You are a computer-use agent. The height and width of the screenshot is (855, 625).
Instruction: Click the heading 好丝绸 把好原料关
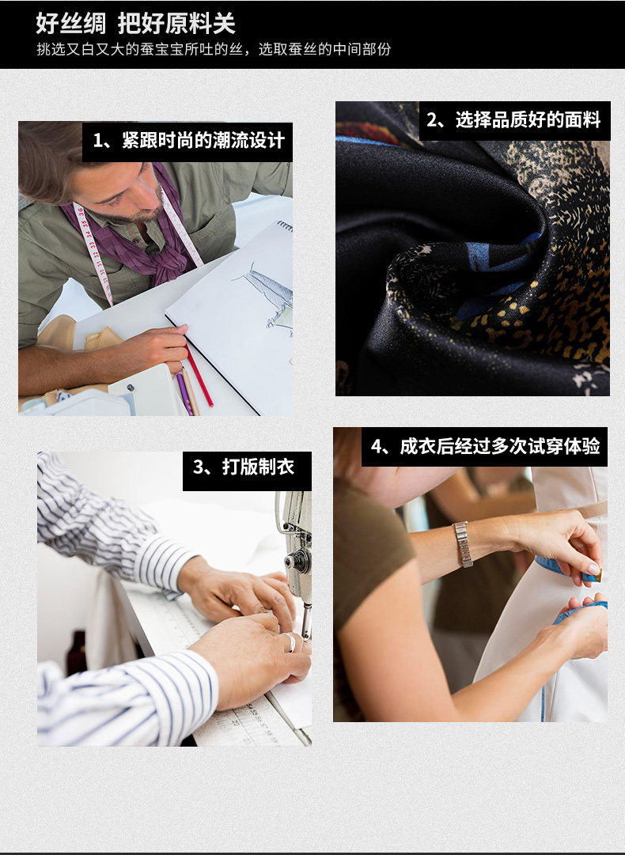pos(135,24)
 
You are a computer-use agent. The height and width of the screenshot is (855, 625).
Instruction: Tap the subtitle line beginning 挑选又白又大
pos(214,50)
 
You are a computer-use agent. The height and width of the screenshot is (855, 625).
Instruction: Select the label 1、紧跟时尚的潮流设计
pos(188,141)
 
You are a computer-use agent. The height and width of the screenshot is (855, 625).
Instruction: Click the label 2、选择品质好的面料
pos(513,120)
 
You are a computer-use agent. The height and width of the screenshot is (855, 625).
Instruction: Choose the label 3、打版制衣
pos(243,467)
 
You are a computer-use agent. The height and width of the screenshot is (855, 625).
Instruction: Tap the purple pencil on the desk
pos(184,392)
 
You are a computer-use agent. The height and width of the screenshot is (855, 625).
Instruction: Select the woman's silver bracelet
pos(463,544)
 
